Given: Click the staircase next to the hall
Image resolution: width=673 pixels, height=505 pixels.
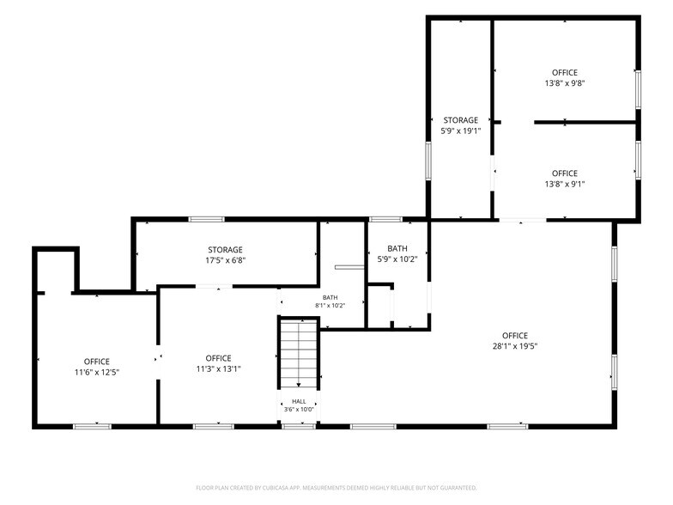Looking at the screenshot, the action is (x=299, y=353).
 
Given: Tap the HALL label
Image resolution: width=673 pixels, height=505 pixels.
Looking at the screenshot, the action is (x=299, y=402).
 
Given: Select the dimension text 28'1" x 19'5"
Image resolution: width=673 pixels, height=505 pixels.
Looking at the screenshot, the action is (x=515, y=346).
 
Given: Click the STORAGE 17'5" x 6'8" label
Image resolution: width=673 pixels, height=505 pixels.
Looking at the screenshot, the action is (x=225, y=254).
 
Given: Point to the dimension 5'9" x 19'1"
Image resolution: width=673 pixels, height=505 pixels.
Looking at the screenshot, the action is (x=460, y=131).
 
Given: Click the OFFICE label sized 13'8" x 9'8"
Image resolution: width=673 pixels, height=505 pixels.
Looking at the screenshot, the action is (x=565, y=77).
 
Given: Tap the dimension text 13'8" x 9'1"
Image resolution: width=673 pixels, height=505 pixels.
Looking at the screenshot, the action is (x=565, y=184).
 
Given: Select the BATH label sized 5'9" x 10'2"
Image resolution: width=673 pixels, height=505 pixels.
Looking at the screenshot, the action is (x=397, y=253).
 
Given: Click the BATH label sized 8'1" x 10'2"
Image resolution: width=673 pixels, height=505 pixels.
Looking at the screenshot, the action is (x=330, y=301).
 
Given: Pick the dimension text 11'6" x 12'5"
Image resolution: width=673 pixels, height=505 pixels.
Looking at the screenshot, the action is (x=96, y=373).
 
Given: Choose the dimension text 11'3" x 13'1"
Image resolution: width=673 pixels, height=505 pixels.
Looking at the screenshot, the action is (x=218, y=369).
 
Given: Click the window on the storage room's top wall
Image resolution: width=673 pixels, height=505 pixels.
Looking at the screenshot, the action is (x=206, y=220).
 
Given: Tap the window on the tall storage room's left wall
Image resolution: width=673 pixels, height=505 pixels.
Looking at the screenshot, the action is (x=428, y=161).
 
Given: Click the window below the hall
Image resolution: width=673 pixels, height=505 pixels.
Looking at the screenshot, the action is (x=299, y=426).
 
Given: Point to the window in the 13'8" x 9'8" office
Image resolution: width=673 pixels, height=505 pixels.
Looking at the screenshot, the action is (x=639, y=89).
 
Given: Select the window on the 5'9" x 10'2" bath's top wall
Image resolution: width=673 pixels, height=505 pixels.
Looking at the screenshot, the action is (x=385, y=220).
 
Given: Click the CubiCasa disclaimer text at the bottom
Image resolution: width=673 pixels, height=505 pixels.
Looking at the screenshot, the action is (x=336, y=488).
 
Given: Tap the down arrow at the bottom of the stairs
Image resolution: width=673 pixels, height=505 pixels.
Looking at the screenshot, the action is (x=299, y=385).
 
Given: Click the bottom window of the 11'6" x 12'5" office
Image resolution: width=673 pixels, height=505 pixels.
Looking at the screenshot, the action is (x=93, y=426).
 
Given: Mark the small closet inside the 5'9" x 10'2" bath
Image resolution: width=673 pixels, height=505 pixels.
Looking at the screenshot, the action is (x=379, y=307).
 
